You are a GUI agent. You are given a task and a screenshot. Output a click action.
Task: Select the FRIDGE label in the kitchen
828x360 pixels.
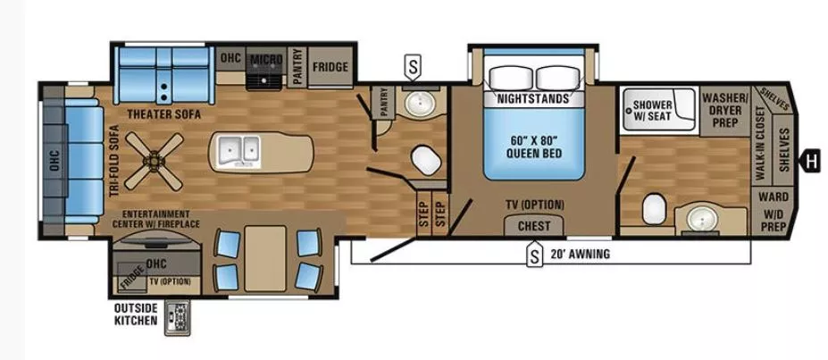[330, 67]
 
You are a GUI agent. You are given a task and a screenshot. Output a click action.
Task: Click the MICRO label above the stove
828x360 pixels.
[265, 60]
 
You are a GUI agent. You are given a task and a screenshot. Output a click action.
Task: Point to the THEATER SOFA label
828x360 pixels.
[163, 114]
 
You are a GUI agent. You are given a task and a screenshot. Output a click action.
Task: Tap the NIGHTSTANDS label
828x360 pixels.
[532, 98]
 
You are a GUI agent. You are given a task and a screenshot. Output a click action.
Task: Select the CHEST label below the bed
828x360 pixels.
[534, 226]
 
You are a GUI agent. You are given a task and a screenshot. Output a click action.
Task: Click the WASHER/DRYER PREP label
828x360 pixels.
[724, 109]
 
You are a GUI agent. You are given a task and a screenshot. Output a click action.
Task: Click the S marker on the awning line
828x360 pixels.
[534, 256]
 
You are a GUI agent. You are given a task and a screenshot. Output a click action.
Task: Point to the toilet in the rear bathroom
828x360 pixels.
[653, 208]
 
